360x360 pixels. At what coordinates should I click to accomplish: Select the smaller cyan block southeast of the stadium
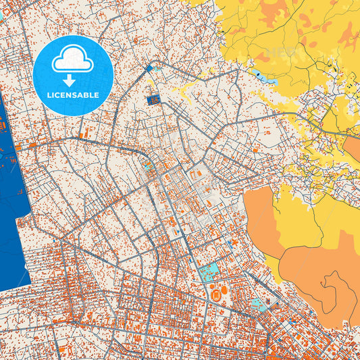pyautogui.click(x=258, y=305)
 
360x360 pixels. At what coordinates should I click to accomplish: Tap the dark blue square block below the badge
pyautogui.click(x=152, y=101)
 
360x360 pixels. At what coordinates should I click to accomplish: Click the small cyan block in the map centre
pyautogui.click(x=147, y=166)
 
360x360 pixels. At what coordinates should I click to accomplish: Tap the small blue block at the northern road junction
pyautogui.click(x=150, y=68)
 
